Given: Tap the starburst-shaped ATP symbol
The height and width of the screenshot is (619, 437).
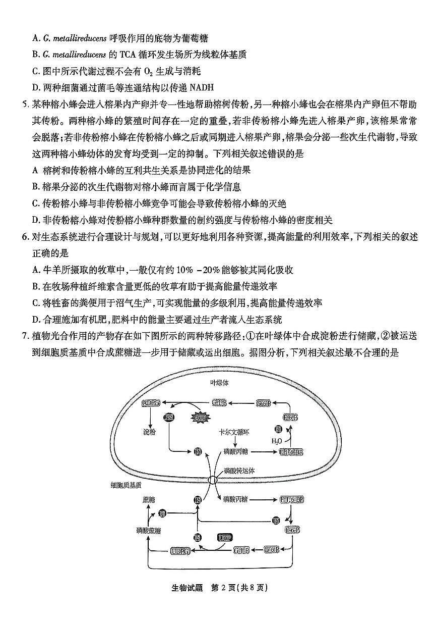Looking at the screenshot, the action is tap(200, 417).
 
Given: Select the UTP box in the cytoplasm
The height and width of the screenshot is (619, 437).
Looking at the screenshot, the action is tap(224, 537).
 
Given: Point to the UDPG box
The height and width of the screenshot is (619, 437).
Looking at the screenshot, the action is tap(180, 550).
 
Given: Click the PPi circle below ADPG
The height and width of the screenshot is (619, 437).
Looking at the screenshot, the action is tap(168, 417).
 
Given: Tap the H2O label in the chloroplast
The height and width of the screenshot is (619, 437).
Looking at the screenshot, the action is tap(276, 441).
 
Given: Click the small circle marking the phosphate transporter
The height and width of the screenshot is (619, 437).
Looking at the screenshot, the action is tap(213, 480).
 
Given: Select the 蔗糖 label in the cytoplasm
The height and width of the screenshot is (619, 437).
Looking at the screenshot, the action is tap(149, 499).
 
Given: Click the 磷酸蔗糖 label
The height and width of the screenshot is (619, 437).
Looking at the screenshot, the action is tap(149, 530).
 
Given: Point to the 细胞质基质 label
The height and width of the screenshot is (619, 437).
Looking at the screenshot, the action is tap(126, 485).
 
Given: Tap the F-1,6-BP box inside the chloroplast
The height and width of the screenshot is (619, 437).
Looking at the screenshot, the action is tap(291, 451).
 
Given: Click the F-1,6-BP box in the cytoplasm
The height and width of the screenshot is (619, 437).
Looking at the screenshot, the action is tap(292, 500).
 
